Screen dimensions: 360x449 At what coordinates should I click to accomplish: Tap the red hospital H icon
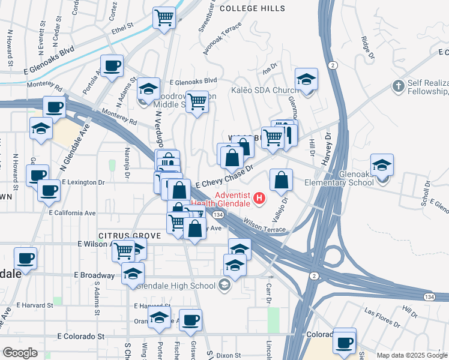click(259, 197)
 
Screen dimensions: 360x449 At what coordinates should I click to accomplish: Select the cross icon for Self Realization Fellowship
click(397, 86)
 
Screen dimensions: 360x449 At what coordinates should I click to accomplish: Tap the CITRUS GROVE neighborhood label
click(127, 236)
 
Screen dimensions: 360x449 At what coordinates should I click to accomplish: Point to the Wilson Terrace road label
click(264, 226)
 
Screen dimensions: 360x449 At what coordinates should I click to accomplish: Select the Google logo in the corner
click(20, 353)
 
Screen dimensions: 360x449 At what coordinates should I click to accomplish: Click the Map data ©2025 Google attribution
click(411, 355)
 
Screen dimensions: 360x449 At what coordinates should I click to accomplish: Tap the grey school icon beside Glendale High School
click(224, 284)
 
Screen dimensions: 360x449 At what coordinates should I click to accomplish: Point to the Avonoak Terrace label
click(221, 39)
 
